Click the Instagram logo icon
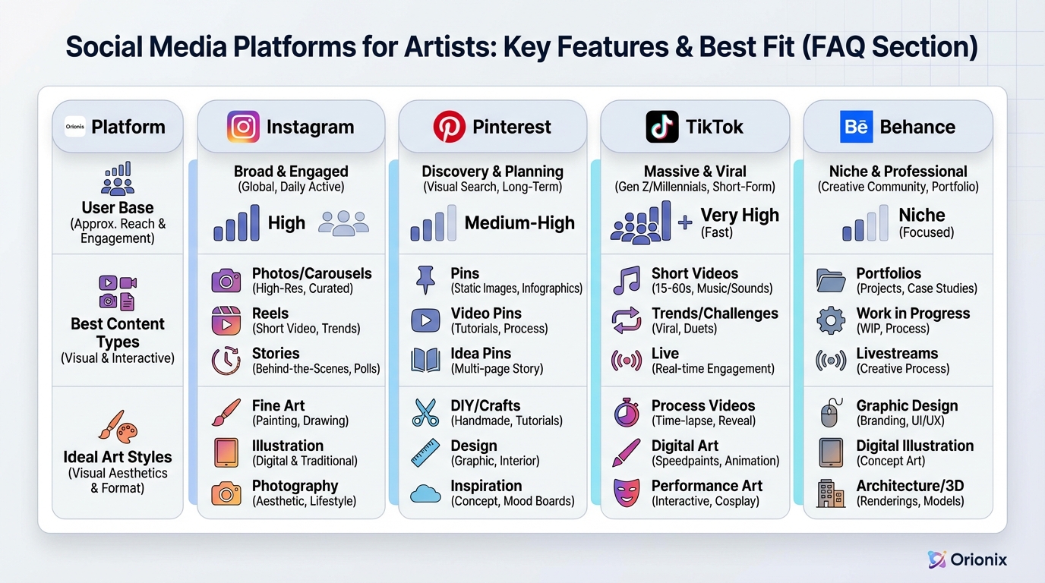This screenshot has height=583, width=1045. click(243, 127)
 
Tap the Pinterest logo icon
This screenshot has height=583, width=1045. click(449, 127)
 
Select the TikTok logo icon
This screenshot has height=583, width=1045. click(661, 127)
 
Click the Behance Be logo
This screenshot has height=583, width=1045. click(856, 127)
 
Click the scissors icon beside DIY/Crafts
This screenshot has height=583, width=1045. click(425, 412)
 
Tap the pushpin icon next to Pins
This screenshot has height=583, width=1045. click(425, 280)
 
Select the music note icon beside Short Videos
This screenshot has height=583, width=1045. click(627, 280)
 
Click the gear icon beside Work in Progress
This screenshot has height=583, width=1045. click(831, 320)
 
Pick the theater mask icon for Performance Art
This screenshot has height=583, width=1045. click(627, 493)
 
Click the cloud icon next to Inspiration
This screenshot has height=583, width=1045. click(425, 494)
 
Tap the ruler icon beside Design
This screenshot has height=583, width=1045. click(425, 452)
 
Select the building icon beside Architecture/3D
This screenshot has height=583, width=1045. click(831, 493)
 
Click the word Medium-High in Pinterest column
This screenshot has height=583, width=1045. click(519, 223)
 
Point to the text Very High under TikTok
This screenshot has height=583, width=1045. click(739, 215)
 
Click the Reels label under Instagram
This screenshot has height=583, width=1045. click(270, 314)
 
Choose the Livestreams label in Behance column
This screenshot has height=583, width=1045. click(897, 353)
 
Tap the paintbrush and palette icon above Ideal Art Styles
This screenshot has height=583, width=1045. click(118, 426)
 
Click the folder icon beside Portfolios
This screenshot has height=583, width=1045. click(831, 280)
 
